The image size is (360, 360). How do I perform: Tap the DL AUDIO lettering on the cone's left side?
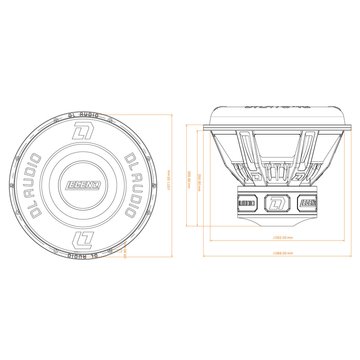tap(39, 180)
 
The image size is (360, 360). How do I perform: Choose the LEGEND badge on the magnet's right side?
tap(308, 202)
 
